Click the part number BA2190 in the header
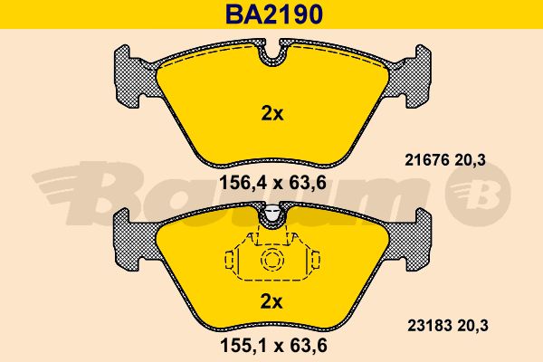click(x=274, y=14)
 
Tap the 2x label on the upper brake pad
click(x=272, y=113)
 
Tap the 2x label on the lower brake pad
click(x=271, y=302)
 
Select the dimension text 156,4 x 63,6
click(x=273, y=183)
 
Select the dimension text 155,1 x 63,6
click(x=273, y=346)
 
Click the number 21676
click(x=427, y=160)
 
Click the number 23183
click(x=429, y=326)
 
